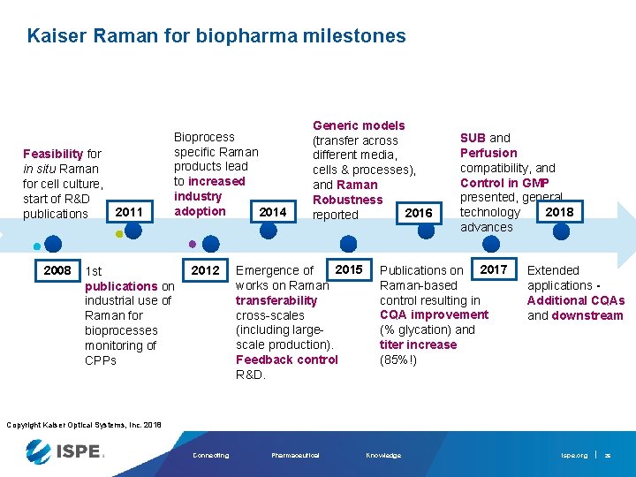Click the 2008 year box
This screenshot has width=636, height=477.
(x=57, y=270)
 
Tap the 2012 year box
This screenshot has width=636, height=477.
(x=205, y=270)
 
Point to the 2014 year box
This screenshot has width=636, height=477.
(x=272, y=212)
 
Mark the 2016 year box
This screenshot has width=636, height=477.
(x=418, y=213)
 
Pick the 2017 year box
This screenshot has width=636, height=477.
(x=493, y=269)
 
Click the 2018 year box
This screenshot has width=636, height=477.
(x=559, y=212)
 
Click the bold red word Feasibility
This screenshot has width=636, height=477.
(x=53, y=154)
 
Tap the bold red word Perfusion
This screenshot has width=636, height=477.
(x=488, y=153)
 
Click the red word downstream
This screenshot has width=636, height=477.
(x=587, y=315)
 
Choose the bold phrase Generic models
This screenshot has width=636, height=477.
(x=359, y=125)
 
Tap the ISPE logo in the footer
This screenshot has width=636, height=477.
(x=65, y=452)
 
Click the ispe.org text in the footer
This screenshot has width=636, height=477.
(x=573, y=455)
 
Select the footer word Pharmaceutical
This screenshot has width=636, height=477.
(x=295, y=455)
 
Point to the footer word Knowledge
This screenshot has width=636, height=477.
(x=382, y=455)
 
